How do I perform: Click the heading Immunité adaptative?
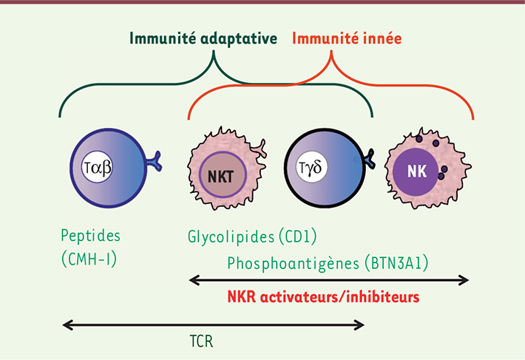[203, 38]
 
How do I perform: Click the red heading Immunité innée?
[347, 38]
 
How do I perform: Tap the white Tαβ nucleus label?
[97, 167]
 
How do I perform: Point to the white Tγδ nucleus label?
[311, 166]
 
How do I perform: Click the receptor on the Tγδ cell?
[369, 159]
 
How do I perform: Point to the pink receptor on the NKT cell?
[259, 149]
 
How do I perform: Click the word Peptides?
[90, 236]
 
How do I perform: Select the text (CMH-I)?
[89, 259]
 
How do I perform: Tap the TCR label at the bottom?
[201, 342]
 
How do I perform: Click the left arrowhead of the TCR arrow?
[67, 325]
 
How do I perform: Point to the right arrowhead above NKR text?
[464, 280]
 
